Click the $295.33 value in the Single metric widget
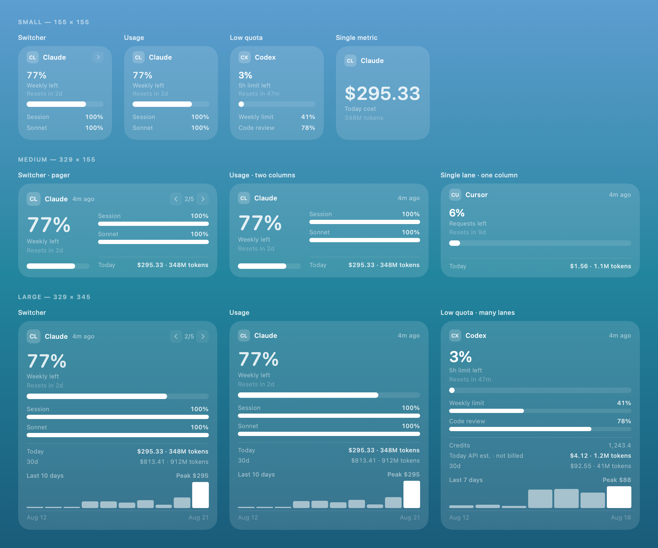382,94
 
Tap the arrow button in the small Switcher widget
98,57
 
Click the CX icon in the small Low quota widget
244,57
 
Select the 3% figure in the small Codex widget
245,75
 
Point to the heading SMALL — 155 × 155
54,22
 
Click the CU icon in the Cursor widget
455,195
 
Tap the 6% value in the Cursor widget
457,213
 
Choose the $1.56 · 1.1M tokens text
600,266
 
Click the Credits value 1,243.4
620,445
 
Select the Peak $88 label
617,480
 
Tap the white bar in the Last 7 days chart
619,497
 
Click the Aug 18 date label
621,518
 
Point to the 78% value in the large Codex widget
624,421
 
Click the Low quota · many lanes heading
478,312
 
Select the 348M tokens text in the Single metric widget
364,118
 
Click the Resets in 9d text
467,232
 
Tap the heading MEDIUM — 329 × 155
57,160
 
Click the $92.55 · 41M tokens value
600,466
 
